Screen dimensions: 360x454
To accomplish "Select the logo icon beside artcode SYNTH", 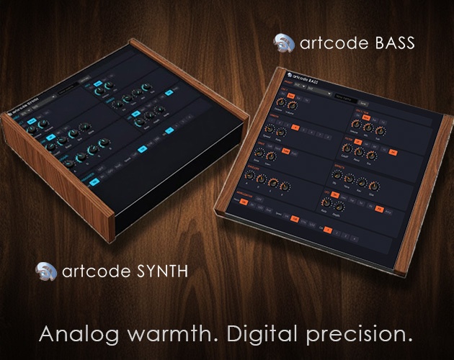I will tap(46, 271).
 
